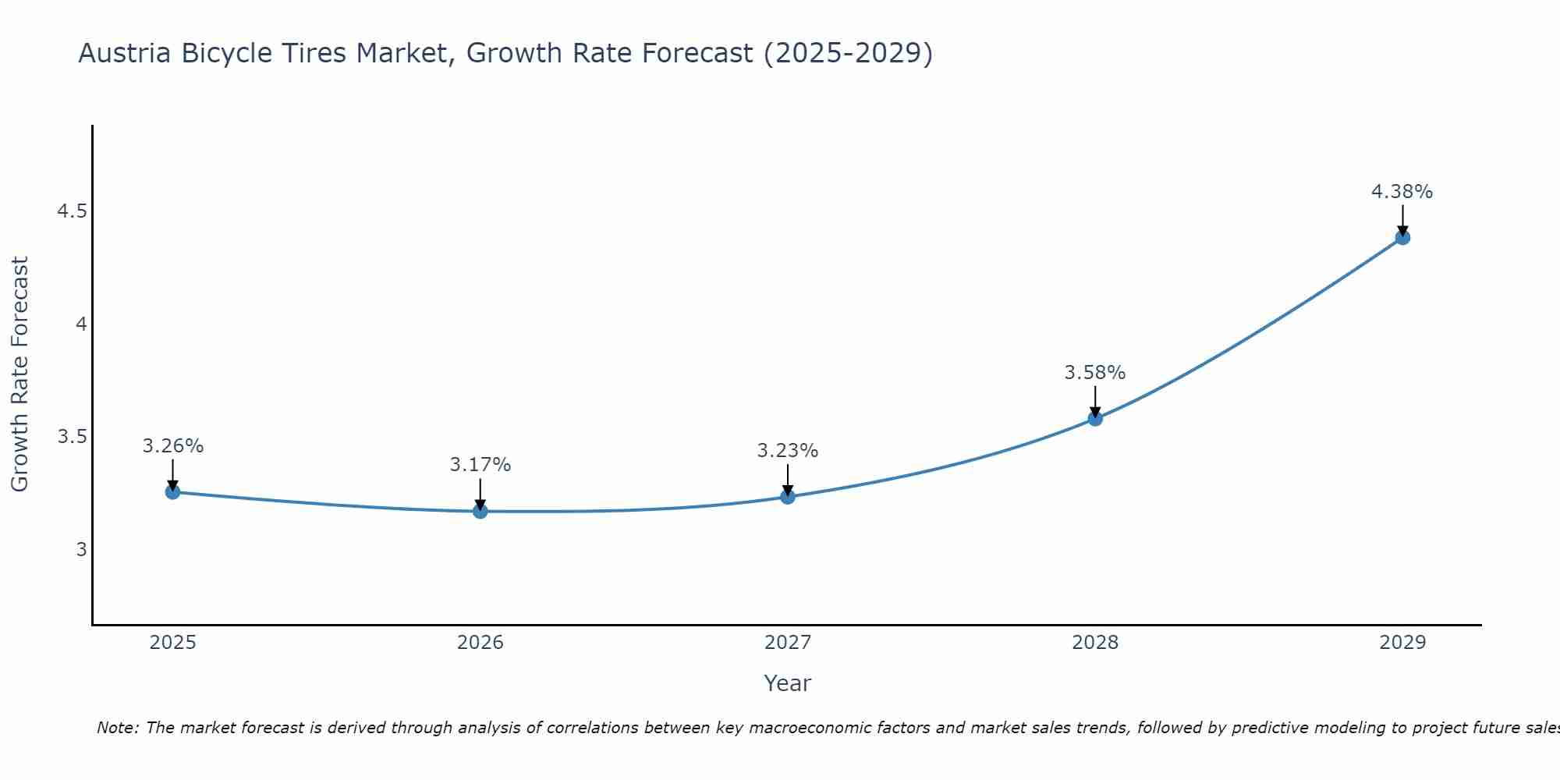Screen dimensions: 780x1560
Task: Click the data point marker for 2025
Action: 172,491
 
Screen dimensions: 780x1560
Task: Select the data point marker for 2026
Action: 480,511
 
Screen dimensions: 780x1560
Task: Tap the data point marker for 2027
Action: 788,497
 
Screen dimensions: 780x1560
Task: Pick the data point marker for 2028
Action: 1095,418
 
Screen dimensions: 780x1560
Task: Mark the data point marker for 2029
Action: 1402,237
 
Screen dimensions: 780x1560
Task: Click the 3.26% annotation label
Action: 172,446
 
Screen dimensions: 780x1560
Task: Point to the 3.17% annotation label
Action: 480,465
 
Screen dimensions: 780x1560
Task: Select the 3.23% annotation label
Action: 788,451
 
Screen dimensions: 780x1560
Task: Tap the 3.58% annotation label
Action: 1095,373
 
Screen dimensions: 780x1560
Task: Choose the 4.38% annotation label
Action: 1402,192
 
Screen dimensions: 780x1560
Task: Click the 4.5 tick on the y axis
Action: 72,211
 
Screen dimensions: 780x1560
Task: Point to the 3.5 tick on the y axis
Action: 72,437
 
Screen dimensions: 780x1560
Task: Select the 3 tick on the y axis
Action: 81,549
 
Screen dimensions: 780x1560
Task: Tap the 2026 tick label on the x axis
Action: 480,643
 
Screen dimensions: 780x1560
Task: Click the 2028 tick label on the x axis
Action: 1095,643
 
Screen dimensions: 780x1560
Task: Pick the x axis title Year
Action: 788,683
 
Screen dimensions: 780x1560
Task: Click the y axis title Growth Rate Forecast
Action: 19,374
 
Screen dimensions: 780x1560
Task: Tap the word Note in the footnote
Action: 117,728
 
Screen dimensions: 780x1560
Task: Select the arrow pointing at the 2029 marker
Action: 1402,219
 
